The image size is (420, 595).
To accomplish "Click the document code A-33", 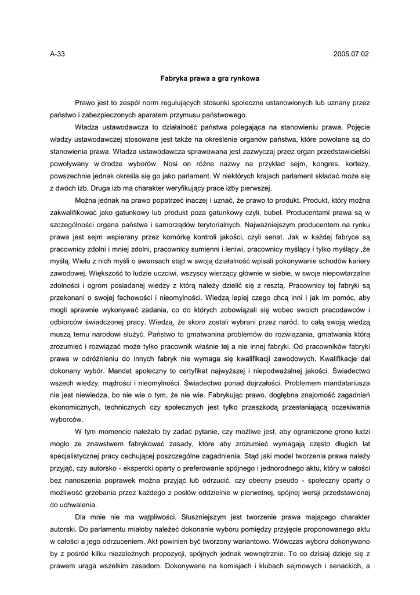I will click(57, 54).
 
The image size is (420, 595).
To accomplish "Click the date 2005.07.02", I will click(351, 54).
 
